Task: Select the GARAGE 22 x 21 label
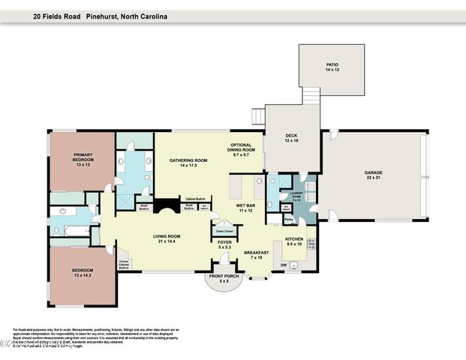click(x=373, y=174)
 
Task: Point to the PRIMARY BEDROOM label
click(x=83, y=162)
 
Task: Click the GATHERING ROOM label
click(x=188, y=163)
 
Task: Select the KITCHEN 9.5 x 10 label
click(x=293, y=241)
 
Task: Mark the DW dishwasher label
click(x=283, y=264)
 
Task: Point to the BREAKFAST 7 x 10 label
click(x=256, y=255)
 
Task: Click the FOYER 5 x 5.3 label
click(x=224, y=244)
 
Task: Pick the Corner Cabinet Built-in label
click(x=125, y=263)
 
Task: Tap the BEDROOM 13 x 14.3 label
click(x=83, y=272)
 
